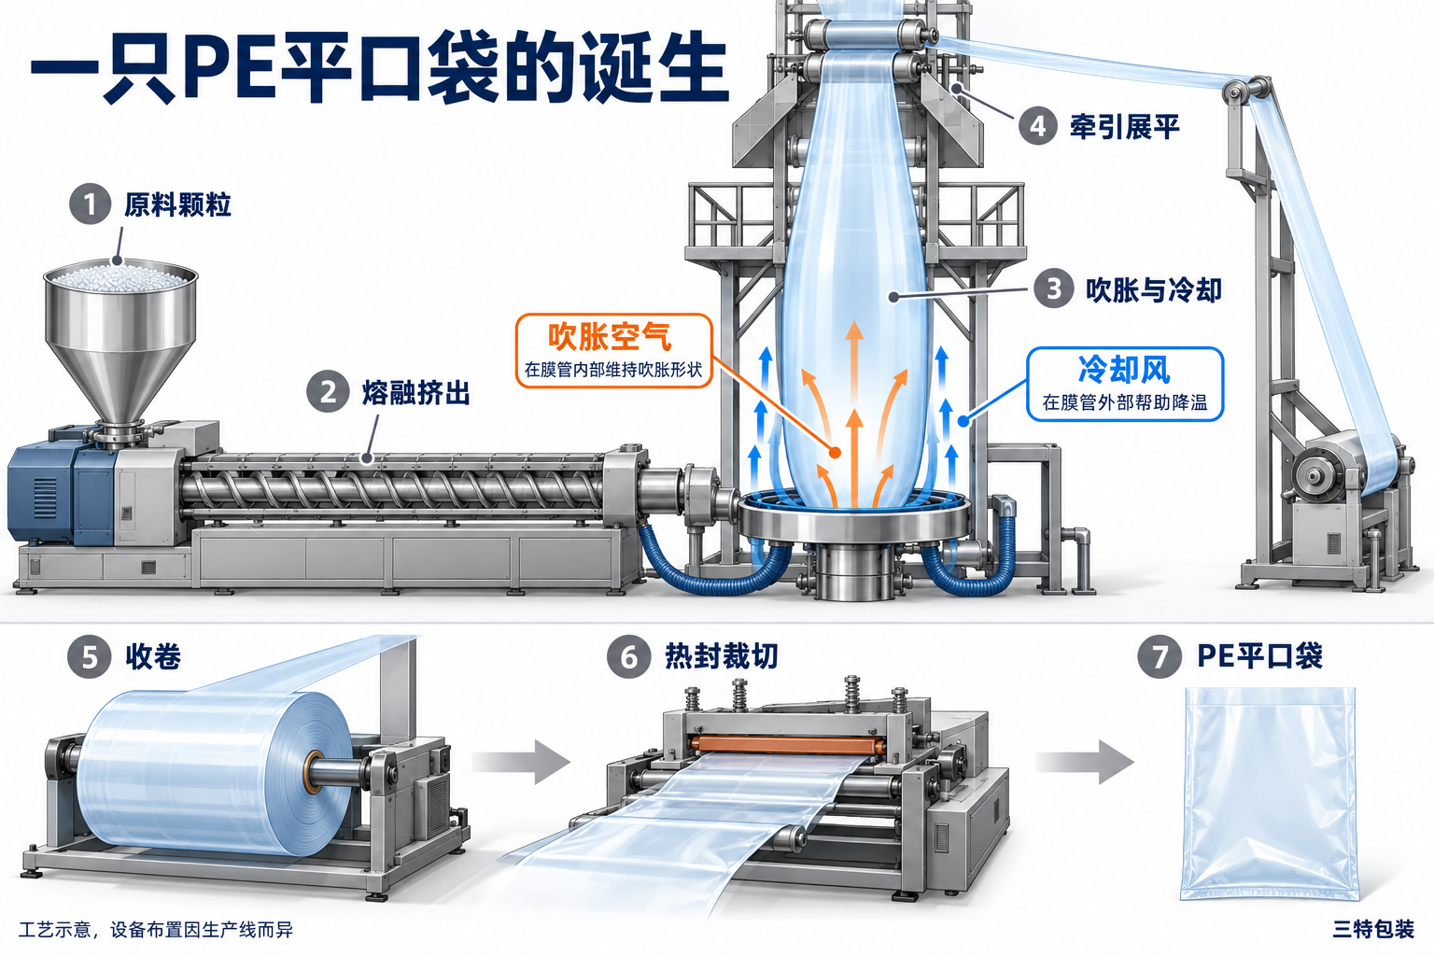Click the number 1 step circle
coord(90,204)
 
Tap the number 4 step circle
coord(1038,125)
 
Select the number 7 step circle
coord(1160,656)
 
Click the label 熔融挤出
coord(416,392)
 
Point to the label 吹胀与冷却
coord(1154,289)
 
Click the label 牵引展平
coord(1125,126)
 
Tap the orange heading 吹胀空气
coord(609,337)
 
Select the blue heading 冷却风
coord(1124,370)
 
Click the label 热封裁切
coord(722,656)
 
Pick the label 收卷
coord(153,656)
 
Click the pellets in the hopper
coord(119,278)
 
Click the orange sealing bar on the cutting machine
coord(787,745)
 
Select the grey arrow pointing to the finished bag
coord(1085,761)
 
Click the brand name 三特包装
coord(1373,929)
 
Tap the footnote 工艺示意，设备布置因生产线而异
coord(156,930)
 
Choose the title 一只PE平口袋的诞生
coord(379,67)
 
